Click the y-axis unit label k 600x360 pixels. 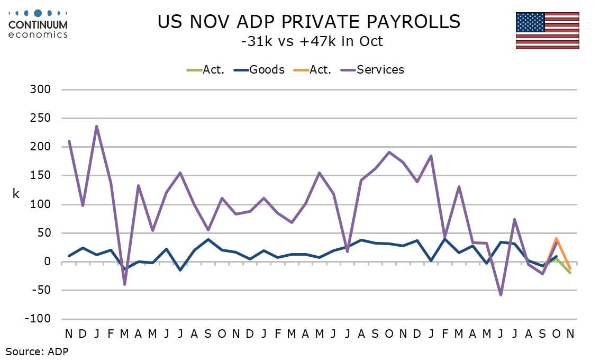(16, 194)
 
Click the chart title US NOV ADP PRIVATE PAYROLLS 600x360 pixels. (309, 22)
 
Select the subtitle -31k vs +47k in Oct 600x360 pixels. (311, 41)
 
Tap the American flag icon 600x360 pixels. (547, 30)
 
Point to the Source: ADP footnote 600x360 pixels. (37, 350)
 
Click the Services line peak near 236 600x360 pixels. (96, 126)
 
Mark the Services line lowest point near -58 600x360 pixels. (501, 295)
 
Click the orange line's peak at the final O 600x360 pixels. (556, 238)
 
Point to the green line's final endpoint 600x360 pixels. (570, 273)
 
